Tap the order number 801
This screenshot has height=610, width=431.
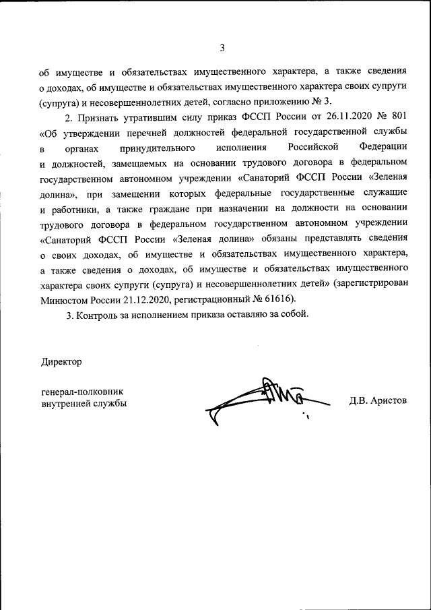tap(398, 116)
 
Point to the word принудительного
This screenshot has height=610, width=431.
tap(157, 147)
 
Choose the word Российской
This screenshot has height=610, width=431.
tap(308, 147)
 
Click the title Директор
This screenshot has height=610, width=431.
tap(61, 362)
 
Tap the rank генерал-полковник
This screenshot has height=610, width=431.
tap(82, 391)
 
